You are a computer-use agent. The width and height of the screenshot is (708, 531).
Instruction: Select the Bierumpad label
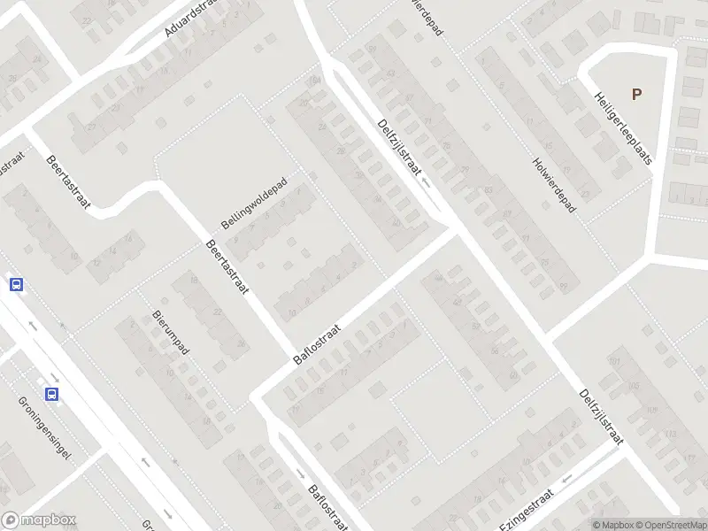(x=172, y=333)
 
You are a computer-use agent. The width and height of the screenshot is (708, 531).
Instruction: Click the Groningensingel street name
(x=45, y=429)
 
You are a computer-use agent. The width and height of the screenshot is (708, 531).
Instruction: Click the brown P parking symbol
(x=636, y=94)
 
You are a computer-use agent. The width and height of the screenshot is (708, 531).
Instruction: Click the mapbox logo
(x=39, y=520)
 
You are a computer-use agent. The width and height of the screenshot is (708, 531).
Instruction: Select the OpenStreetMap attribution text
(x=670, y=525)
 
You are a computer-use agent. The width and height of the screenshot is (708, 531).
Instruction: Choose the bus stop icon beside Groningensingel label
(x=52, y=395)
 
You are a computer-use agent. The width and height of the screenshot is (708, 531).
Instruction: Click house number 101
(x=615, y=362)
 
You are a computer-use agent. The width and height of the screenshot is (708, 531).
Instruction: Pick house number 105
(x=634, y=387)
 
